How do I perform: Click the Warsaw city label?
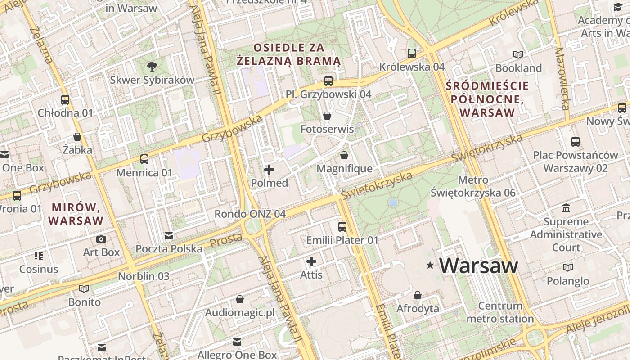tap(479, 265)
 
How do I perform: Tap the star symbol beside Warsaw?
tap(431, 265)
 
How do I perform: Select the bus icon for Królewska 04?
tap(411, 53)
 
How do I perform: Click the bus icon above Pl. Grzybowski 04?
tap(328, 81)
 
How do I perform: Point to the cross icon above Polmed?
tap(269, 170)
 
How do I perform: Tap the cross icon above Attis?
tap(311, 261)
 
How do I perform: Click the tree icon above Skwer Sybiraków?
tap(152, 67)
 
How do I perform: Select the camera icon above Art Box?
tap(102, 239)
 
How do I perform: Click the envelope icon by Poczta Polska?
tap(169, 235)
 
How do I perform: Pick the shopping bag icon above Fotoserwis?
tap(327, 116)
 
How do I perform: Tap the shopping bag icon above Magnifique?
tap(344, 155)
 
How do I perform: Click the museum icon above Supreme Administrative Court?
tap(566, 208)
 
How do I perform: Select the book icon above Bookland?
tap(518, 54)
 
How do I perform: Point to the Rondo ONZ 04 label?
tap(250, 214)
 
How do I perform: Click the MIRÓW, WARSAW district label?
tap(76, 214)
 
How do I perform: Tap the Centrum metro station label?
tap(500, 312)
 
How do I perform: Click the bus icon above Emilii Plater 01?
tap(342, 226)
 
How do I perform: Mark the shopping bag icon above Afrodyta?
tap(418, 295)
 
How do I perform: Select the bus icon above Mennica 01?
tap(144, 159)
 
